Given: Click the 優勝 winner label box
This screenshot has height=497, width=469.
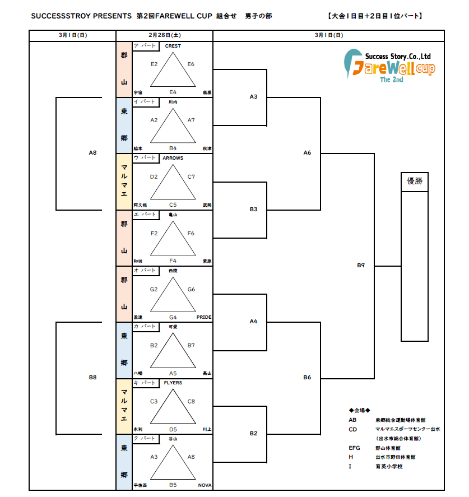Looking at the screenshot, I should (415, 182).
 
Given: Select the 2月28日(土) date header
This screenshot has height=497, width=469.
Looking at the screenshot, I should (164, 35).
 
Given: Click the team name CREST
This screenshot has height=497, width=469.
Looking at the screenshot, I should (173, 46).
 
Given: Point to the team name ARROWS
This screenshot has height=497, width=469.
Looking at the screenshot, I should (173, 158).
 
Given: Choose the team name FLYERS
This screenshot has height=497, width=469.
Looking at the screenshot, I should (173, 383).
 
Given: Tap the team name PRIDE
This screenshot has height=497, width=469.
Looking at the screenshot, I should (204, 317).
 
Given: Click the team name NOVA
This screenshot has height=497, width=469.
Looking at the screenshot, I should (205, 485).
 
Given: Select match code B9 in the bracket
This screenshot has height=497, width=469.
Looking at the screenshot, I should (361, 264).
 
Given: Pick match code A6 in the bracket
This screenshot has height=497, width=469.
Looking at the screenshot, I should (307, 152).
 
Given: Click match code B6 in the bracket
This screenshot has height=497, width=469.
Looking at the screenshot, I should (307, 377).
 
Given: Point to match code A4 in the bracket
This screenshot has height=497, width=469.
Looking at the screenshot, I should (253, 321).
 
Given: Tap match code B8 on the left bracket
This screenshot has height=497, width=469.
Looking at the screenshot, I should (92, 377).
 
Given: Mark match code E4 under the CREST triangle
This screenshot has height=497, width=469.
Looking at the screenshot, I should (173, 92).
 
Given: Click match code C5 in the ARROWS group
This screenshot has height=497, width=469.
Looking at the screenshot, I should (173, 205).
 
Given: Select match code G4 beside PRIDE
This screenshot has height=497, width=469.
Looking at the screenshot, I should (173, 317).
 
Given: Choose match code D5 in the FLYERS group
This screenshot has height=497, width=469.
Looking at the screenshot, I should (173, 429).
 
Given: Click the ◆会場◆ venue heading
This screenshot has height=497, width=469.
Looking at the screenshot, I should (359, 410).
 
